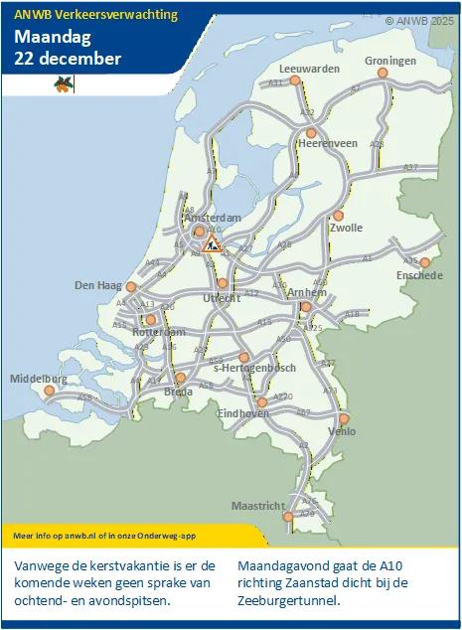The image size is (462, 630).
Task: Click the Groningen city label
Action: coord(389,61)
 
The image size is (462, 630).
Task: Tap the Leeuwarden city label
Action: coord(310,69)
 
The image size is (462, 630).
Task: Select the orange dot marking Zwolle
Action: coord(338,215)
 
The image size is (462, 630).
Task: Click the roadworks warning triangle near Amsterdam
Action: coord(213,242)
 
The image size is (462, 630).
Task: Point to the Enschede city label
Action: coord(418,275)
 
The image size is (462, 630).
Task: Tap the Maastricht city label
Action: coord(257,506)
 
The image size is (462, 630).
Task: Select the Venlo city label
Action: coord(341,431)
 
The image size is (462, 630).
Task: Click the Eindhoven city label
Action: coord(242,413)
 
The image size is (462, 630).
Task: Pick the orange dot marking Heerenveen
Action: coord(311,132)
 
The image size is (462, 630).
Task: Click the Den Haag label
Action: coord(97,285)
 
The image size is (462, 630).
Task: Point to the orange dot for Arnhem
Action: coord(306,307)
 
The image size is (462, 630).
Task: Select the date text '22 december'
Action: coord(68,59)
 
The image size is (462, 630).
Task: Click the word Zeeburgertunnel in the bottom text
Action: coord(290,600)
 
